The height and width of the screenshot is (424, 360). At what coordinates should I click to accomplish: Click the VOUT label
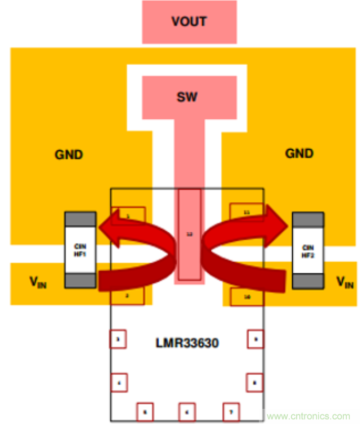tap(189, 22)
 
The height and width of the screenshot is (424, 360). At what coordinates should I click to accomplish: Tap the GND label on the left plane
tap(69, 154)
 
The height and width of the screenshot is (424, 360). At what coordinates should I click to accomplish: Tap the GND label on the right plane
tap(299, 153)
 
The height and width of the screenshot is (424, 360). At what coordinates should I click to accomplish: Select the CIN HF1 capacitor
tap(80, 249)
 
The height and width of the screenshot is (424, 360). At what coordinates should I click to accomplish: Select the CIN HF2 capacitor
tap(308, 250)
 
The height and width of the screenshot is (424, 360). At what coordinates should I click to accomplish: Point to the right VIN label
tap(345, 282)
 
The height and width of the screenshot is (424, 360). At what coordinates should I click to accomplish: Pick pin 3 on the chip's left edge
tap(118, 340)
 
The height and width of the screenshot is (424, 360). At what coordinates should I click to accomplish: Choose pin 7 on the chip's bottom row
tap(231, 412)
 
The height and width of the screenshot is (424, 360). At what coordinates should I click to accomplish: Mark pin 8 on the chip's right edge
tap(254, 383)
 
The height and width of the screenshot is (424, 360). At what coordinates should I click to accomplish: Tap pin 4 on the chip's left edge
tap(118, 383)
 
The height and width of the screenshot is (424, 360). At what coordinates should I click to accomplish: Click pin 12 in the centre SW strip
tap(189, 234)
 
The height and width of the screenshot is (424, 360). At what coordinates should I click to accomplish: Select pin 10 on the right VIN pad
tap(247, 296)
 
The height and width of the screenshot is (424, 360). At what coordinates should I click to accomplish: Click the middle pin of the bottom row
tap(187, 412)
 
